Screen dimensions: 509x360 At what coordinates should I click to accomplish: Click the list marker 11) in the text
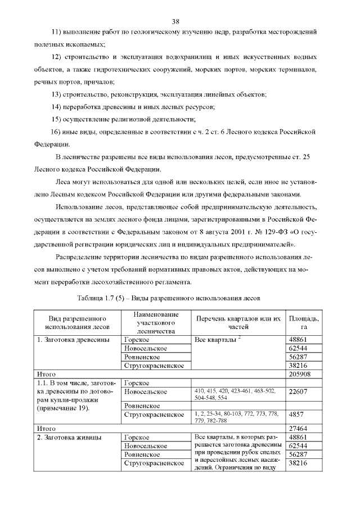[x=57, y=33]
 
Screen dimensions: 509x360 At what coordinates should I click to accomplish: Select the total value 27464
[x=298, y=428]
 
